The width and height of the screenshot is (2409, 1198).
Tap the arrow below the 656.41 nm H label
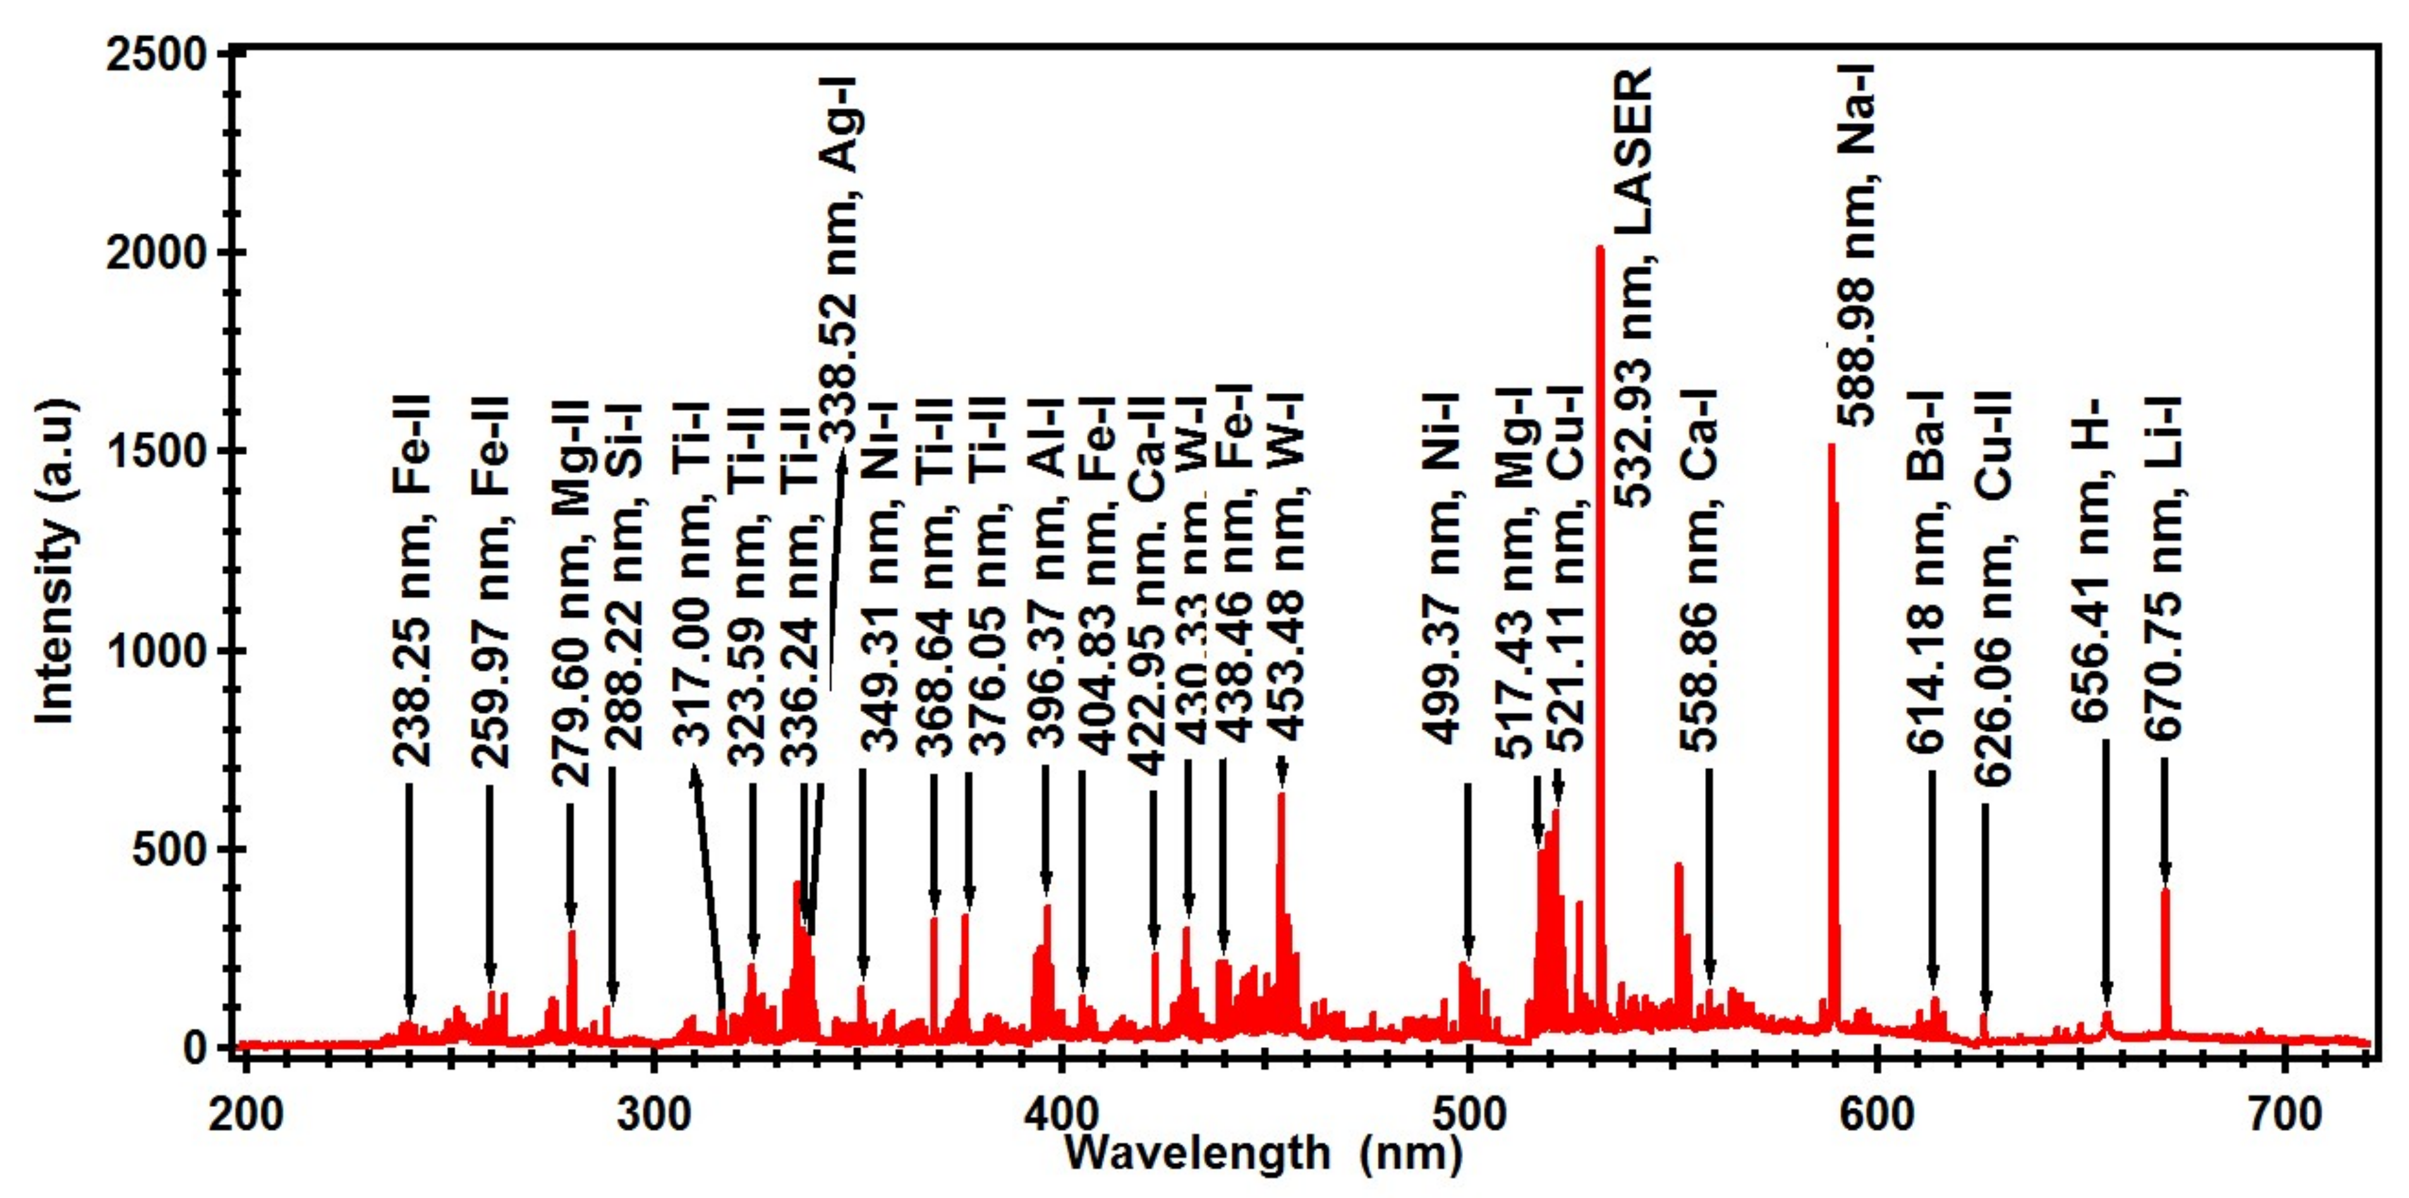pos(2106,874)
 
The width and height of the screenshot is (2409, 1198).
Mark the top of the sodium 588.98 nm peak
pos(1831,447)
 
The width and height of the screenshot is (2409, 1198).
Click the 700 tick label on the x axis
pos(2285,1116)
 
